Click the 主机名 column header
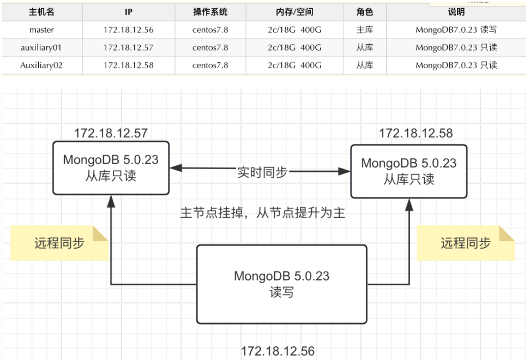pyautogui.click(x=41, y=12)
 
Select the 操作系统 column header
pyautogui.click(x=210, y=12)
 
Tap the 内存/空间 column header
pyautogui.click(x=294, y=12)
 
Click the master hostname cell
pyautogui.click(x=41, y=30)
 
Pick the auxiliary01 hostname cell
pyautogui.click(x=41, y=47)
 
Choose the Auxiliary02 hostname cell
pyautogui.click(x=41, y=65)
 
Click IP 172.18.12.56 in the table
pyautogui.click(x=129, y=30)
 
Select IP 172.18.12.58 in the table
pyautogui.click(x=129, y=65)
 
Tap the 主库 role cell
pyautogui.click(x=365, y=30)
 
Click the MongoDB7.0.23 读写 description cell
pyautogui.click(x=456, y=30)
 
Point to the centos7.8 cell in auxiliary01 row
pyautogui.click(x=210, y=47)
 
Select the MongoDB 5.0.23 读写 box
pyautogui.click(x=281, y=284)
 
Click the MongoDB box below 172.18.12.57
pyautogui.click(x=111, y=167)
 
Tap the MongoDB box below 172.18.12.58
pyautogui.click(x=408, y=171)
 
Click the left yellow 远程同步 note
pyautogui.click(x=59, y=243)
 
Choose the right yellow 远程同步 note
pyautogui.click(x=465, y=243)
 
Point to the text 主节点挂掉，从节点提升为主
pyautogui.click(x=262, y=212)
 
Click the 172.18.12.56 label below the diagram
pyautogui.click(x=278, y=351)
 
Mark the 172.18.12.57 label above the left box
pyautogui.click(x=111, y=133)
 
